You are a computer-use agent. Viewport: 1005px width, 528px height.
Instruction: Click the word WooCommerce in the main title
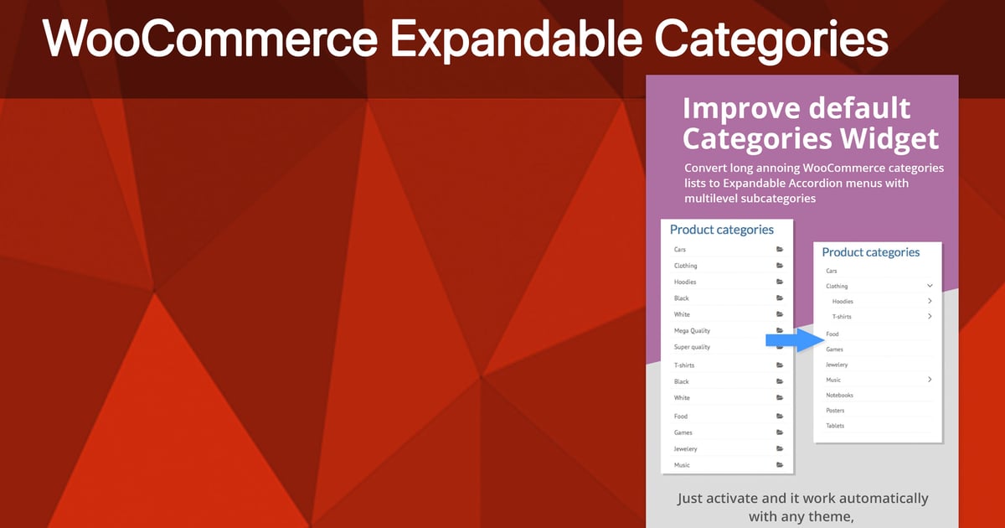210,39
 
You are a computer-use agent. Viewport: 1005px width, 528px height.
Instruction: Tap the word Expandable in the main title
516,39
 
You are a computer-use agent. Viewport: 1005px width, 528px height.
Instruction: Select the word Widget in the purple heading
889,138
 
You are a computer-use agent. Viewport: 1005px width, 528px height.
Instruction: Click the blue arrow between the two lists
795,340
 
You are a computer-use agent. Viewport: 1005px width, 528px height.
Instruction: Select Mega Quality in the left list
692,331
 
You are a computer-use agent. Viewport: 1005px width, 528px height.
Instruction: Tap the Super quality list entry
692,347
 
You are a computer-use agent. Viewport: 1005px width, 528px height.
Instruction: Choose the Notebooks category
839,395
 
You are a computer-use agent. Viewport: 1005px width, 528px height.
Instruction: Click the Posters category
835,411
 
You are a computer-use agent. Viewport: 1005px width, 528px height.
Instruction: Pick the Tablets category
835,426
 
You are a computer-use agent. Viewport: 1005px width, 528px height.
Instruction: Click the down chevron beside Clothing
930,286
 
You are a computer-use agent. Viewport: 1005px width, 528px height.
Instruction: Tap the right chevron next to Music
930,380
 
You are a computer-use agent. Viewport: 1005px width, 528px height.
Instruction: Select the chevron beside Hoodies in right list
930,301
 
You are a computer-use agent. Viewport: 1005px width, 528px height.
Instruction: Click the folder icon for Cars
780,249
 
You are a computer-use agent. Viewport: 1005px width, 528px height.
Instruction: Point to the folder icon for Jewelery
780,448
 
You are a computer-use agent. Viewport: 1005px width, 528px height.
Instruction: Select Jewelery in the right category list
837,365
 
